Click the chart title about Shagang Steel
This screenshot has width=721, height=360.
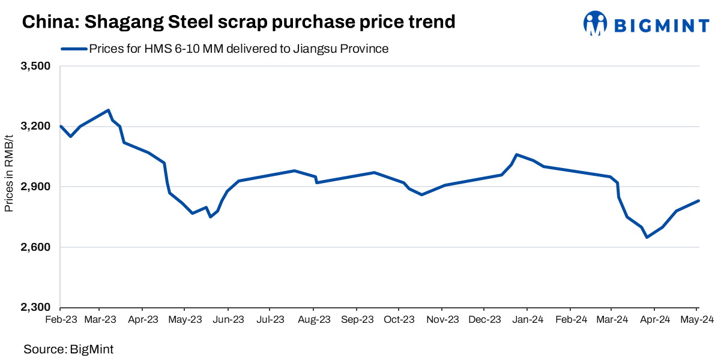coord(239,22)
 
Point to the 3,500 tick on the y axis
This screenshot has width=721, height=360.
coord(35,66)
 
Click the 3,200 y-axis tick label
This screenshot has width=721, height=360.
coord(35,127)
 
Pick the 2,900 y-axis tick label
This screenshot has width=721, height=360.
coord(35,187)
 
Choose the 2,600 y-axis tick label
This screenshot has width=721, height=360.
coord(35,247)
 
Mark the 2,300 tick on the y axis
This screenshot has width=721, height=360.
coord(35,307)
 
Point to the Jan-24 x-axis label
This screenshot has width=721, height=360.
coord(529,320)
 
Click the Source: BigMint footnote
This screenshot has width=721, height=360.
coord(68,349)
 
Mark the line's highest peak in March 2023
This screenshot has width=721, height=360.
coord(108,110)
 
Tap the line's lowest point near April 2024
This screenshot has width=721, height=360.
coord(647,238)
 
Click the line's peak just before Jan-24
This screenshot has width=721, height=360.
coord(516,154)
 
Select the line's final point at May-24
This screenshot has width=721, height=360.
coord(699,200)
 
